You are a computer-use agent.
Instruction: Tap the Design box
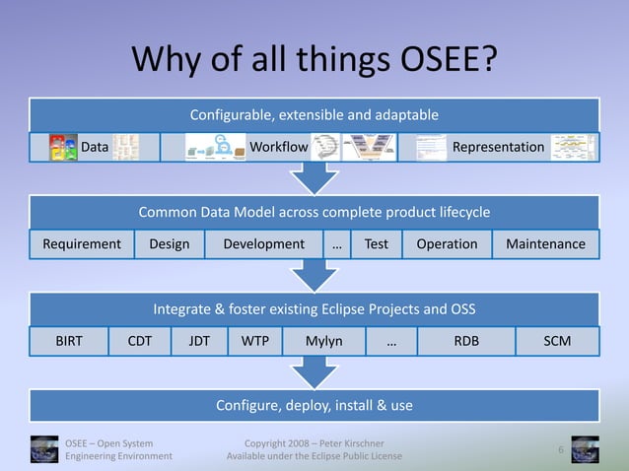pos(169,244)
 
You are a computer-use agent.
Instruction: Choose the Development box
pos(263,244)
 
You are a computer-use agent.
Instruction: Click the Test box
pos(376,244)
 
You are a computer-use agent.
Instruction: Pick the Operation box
pos(447,244)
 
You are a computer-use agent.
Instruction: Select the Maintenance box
pos(545,244)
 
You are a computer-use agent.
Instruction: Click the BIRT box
pos(69,341)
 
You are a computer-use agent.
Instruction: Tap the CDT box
pos(139,341)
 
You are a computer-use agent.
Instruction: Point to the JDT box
pos(199,341)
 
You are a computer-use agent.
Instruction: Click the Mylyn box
pos(322,341)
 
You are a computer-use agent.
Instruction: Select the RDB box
pos(465,341)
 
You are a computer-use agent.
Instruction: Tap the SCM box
pos(557,341)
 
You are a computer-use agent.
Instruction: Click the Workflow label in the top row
pos(278,148)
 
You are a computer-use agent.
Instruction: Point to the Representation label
pos(497,148)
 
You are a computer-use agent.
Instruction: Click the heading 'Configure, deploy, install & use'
pos(314,406)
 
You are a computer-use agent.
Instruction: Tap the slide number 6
pos(560,450)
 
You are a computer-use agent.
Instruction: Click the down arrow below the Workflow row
pos(314,178)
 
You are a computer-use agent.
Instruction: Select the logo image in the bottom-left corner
pos(43,449)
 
